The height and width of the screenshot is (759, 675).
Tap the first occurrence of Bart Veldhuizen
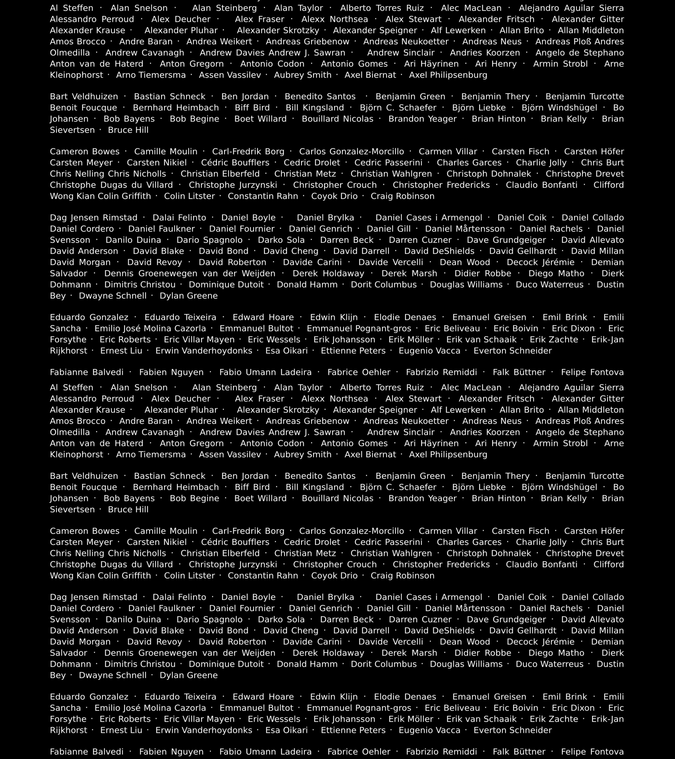(x=84, y=96)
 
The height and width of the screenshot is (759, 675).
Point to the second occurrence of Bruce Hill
(x=128, y=510)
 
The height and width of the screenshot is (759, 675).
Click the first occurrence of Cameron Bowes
(x=85, y=151)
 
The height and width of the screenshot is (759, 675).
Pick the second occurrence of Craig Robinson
(x=402, y=575)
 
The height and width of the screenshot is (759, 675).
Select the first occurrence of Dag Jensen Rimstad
(x=94, y=218)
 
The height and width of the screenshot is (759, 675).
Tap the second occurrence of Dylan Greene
(x=189, y=675)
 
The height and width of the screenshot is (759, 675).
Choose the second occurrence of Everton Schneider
(x=513, y=730)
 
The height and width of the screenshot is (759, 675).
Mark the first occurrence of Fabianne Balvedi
(x=87, y=372)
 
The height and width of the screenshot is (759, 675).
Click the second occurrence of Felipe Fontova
(x=592, y=752)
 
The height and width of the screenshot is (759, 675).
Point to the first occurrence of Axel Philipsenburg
(x=448, y=75)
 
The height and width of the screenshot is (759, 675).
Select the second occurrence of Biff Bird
(x=252, y=487)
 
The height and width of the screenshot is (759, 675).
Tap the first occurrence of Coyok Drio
(x=334, y=196)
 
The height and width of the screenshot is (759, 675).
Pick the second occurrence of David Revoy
(x=155, y=642)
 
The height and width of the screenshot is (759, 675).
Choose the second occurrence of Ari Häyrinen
(x=431, y=443)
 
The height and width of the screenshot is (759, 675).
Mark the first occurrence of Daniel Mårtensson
(x=465, y=229)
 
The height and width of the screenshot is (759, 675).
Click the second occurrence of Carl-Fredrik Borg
(x=248, y=531)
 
